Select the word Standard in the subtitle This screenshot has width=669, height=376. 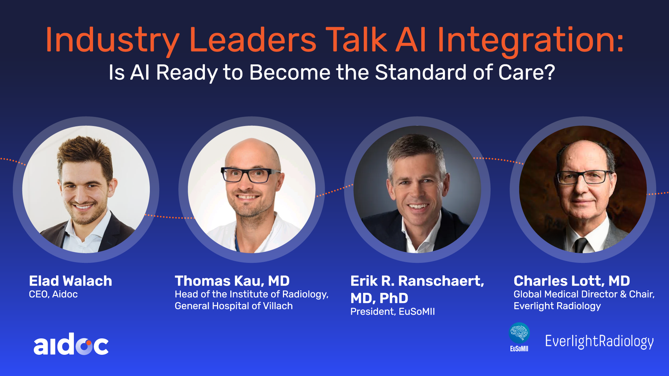(421, 72)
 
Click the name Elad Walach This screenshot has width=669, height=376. (70, 281)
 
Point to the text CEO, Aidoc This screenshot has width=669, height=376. (53, 294)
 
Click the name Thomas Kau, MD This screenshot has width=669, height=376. (232, 281)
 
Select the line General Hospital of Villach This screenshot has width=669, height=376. (233, 306)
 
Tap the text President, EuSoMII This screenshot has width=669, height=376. (392, 311)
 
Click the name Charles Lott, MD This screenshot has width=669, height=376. (572, 281)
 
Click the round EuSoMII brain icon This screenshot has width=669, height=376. (519, 333)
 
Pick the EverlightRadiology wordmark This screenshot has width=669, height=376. (599, 342)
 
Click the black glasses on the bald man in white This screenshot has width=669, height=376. (250, 175)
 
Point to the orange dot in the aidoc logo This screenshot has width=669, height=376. (89, 343)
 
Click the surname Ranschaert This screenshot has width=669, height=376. (441, 281)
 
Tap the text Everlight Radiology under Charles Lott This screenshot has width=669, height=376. (557, 306)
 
